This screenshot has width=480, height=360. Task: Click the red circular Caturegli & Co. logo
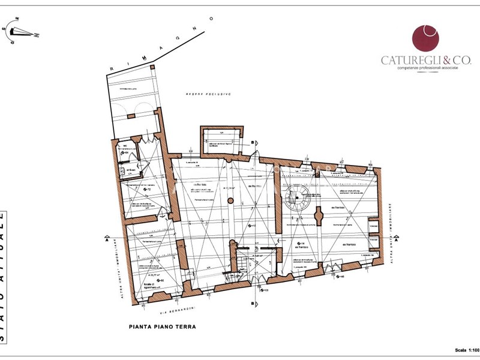coord(425,38)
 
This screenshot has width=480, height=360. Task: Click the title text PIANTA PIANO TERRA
coord(163,327)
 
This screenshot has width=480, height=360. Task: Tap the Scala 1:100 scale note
coord(464,350)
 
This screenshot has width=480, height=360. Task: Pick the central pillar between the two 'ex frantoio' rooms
coord(319,215)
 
